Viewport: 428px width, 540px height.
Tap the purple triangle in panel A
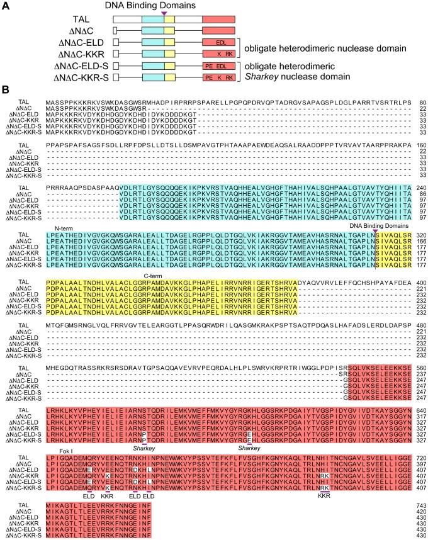(164, 13)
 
